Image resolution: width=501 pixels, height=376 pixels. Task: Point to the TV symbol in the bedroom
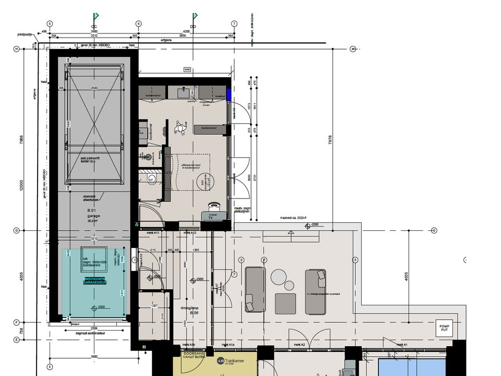tap(211, 217)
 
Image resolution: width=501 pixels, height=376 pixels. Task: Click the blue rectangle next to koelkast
tap(229, 96)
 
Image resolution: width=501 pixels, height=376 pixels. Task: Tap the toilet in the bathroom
tap(151, 179)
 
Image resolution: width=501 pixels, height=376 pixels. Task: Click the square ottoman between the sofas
tap(285, 303)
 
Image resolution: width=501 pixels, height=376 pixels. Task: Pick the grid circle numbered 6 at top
tap(139, 23)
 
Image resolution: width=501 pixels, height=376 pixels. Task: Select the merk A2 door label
tap(299, 345)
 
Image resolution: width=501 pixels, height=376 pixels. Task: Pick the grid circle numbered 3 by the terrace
tap(355, 260)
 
